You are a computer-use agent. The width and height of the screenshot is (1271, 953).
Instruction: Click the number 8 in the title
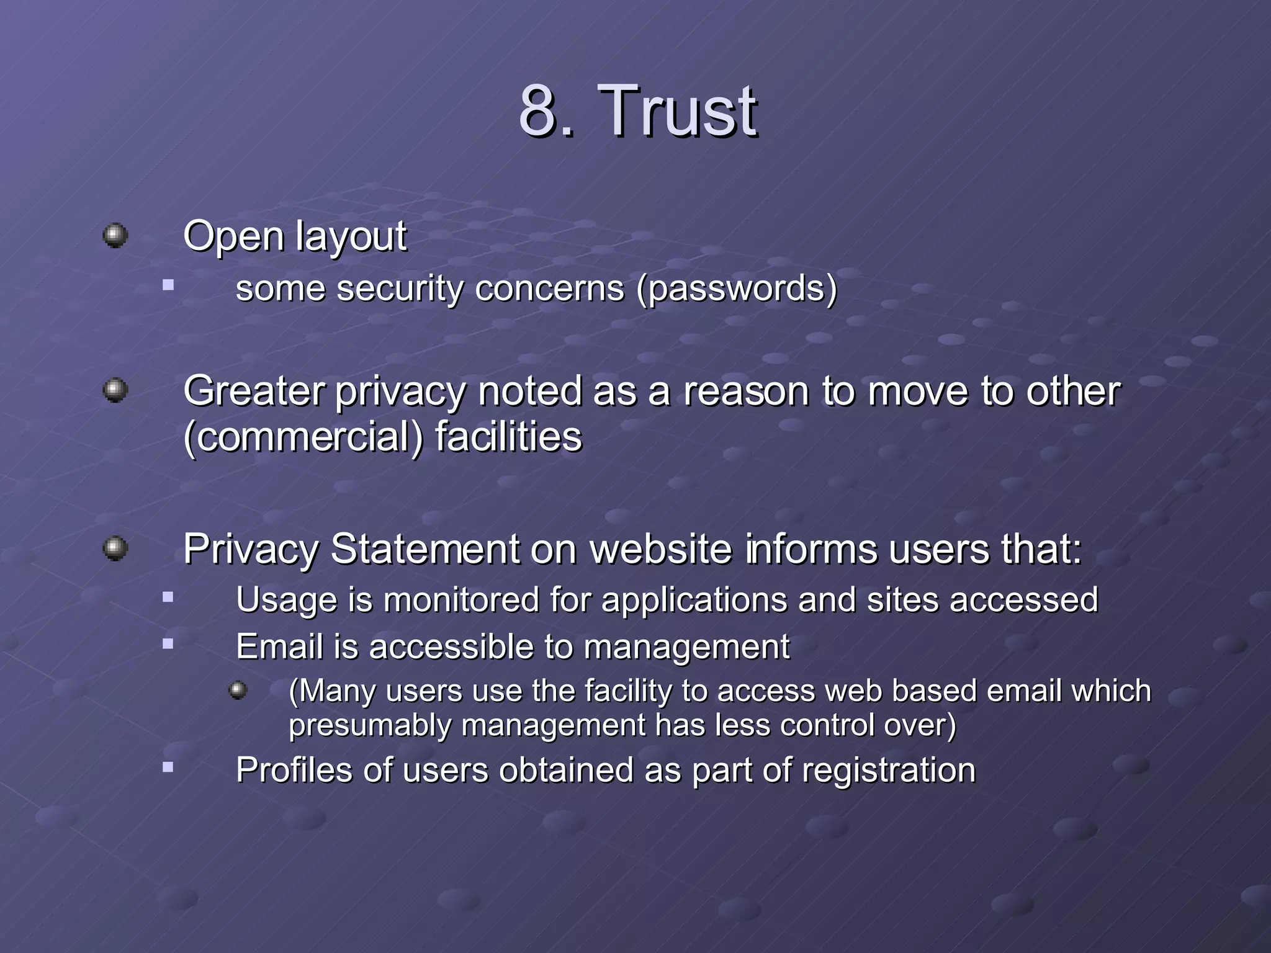[x=537, y=112]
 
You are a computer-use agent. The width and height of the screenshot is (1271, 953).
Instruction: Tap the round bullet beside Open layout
[x=115, y=236]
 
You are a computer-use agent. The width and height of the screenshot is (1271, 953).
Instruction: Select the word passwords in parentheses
[x=737, y=289]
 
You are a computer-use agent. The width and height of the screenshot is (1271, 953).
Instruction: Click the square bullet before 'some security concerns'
[x=168, y=285]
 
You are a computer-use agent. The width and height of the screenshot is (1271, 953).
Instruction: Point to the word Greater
[x=254, y=392]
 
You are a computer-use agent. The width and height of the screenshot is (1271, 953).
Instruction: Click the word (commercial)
[x=303, y=437]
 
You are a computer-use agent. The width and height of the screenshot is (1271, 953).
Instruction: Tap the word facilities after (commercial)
[x=508, y=437]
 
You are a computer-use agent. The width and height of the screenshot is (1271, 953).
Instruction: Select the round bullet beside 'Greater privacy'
[x=115, y=390]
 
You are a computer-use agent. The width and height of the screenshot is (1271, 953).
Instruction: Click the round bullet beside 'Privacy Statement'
[x=115, y=548]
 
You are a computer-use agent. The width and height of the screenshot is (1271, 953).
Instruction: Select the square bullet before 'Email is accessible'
[x=168, y=644]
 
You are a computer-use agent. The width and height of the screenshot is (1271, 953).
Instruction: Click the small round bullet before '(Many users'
[x=238, y=690]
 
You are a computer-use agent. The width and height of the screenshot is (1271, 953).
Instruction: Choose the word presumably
[x=370, y=725]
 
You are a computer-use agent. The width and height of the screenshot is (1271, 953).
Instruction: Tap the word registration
[x=888, y=771]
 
